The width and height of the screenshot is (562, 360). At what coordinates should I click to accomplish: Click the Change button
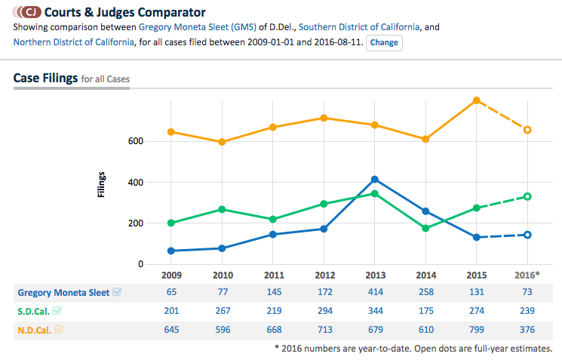(384, 42)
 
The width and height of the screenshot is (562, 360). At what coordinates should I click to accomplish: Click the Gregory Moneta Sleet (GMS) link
(206, 27)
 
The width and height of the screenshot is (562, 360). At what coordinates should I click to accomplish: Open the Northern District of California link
(73, 42)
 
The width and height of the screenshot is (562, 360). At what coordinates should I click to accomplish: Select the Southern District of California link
(359, 27)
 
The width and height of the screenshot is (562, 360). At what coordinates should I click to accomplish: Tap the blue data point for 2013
(375, 180)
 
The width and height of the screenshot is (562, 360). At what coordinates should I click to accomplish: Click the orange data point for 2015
(476, 100)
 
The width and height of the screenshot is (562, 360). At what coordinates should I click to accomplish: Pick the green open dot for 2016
(528, 196)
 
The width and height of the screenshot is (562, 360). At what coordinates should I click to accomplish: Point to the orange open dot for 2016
(528, 130)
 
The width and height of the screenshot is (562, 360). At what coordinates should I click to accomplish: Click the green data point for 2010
(223, 209)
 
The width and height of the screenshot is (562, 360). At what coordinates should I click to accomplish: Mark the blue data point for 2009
(171, 251)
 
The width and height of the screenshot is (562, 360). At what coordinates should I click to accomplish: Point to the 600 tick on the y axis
(135, 141)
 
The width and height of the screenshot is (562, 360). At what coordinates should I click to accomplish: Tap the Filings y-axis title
(102, 185)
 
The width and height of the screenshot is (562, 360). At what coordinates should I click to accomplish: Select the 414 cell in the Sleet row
(375, 292)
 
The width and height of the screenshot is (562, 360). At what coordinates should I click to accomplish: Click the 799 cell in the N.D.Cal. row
(476, 329)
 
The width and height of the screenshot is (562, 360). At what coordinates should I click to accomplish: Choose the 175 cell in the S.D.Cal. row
(425, 311)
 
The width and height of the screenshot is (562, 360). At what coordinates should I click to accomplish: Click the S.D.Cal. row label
(33, 311)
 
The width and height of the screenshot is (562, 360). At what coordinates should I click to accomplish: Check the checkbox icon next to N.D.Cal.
(58, 329)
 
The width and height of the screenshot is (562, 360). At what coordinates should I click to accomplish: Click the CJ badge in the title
(29, 12)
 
